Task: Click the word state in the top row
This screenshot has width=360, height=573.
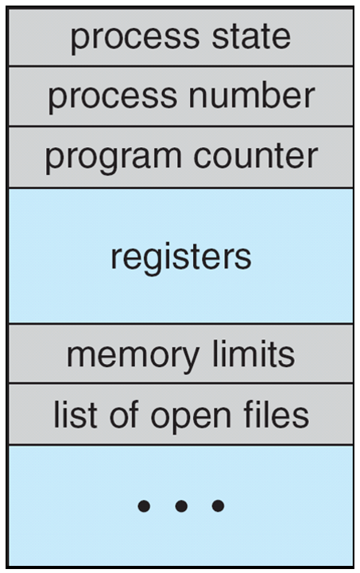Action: (x=251, y=37)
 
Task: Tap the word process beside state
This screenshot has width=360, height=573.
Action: (x=135, y=40)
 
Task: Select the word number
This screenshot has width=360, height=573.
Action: (x=252, y=95)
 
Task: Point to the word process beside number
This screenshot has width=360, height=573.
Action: (x=113, y=99)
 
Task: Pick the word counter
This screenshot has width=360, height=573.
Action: (x=256, y=157)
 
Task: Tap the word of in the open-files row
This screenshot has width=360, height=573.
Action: (x=124, y=414)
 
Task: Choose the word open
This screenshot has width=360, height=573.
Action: (x=191, y=418)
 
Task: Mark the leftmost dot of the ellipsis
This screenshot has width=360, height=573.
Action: (x=144, y=506)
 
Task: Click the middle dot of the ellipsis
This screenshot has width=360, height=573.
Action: (x=181, y=506)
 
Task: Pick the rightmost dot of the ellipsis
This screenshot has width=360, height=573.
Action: (x=219, y=506)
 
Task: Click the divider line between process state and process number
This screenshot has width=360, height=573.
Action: (x=181, y=66)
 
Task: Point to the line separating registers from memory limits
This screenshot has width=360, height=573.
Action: (x=181, y=323)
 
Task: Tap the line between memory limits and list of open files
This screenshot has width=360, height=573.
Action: (x=181, y=383)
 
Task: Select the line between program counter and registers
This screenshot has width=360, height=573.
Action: (x=181, y=188)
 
